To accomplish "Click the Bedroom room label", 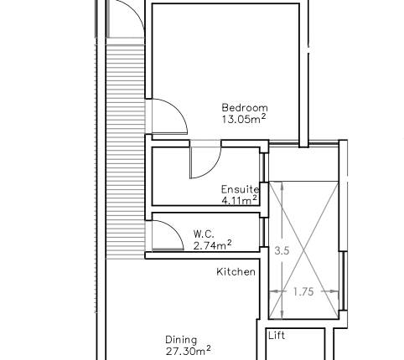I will tap(244, 107).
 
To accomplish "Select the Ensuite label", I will tap(240, 189).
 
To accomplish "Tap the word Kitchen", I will tap(236, 272).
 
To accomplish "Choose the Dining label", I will tap(181, 340).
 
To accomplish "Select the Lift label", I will tap(277, 337).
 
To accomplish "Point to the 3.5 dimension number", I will tap(282, 250).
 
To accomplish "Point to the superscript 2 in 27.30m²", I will tap(209, 347).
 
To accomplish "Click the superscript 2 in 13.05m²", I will tap(264, 116).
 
